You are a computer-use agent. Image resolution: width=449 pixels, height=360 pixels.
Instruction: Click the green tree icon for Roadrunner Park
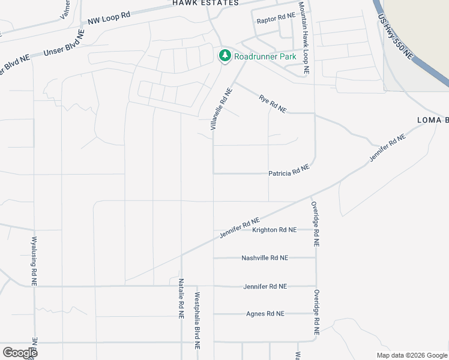[x=225, y=56]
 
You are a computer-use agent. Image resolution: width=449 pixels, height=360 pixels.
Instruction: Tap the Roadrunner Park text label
[x=265, y=56]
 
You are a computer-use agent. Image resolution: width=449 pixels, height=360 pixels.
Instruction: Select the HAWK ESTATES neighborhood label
[x=205, y=3]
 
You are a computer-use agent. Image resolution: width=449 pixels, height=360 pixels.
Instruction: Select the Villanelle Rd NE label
[x=221, y=110]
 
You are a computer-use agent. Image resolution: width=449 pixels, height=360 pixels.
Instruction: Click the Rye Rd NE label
[x=273, y=103]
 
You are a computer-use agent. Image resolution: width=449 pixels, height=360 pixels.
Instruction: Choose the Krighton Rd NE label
[x=274, y=230]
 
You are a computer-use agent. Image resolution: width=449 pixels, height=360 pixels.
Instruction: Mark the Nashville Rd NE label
[x=265, y=258]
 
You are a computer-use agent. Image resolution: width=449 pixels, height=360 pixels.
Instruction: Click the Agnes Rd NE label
[x=265, y=314]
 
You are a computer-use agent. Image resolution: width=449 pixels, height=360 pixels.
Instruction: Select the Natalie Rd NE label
[x=180, y=298]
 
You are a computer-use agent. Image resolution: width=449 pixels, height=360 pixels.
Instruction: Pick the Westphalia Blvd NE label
[x=196, y=321]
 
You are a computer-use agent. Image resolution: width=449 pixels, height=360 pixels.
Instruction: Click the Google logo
[x=20, y=353]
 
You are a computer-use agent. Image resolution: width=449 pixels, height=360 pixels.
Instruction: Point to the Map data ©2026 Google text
[x=411, y=355]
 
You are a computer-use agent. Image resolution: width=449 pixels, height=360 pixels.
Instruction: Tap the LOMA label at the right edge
[x=433, y=121]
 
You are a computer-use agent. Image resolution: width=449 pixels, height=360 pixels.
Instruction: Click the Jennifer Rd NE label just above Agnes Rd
[x=265, y=287]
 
